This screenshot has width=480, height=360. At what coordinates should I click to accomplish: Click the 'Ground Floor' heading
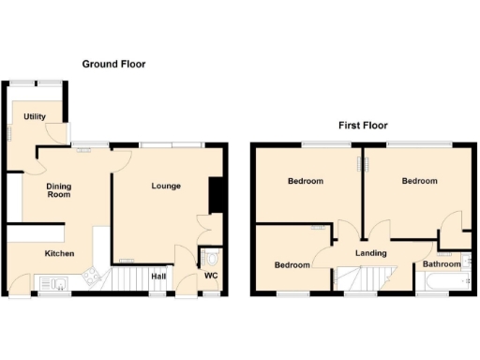point(113,64)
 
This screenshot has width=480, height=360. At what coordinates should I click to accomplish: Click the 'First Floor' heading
point(363,125)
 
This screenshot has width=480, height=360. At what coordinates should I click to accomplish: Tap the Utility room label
point(36,117)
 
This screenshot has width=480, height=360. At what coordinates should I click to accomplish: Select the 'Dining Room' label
point(59,190)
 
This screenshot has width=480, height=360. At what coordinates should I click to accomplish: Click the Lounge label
point(166,186)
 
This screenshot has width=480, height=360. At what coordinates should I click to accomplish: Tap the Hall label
point(158,276)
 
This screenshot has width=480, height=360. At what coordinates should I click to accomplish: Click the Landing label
point(371,252)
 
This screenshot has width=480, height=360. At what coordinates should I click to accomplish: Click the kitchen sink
point(52,281)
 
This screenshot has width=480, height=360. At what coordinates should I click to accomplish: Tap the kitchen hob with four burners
point(92,277)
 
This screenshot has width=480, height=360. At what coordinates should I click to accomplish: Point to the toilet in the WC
point(213,257)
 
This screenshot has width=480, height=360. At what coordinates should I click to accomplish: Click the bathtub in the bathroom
point(441,282)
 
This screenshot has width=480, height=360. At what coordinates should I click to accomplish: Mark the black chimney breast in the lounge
point(216,195)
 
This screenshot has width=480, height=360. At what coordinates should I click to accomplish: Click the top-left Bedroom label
point(306,181)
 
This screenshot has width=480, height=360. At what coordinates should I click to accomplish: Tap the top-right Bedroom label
point(419,181)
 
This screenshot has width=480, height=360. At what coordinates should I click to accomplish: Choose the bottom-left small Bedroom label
point(292,264)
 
